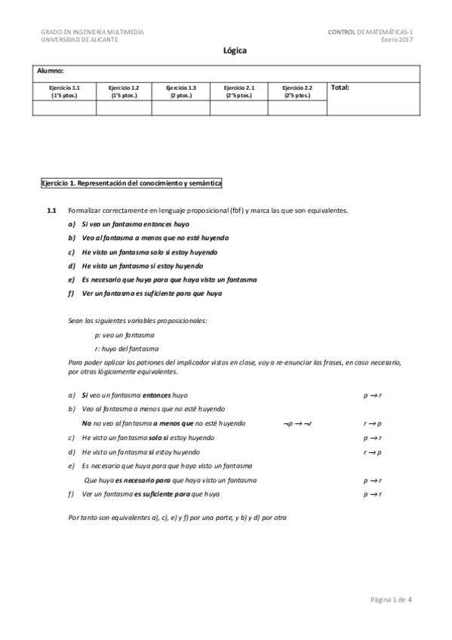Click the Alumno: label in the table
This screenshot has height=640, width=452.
51,70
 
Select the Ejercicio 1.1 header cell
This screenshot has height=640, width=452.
65,91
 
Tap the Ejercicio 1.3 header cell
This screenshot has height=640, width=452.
181,91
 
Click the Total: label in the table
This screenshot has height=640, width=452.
340,88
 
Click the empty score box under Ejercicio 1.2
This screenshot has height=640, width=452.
124,108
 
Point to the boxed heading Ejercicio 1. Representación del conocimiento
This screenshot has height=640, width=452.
131,183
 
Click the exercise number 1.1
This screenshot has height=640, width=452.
52,211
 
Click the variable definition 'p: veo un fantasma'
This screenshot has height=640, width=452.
125,334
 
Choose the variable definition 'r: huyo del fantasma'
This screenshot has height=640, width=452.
127,348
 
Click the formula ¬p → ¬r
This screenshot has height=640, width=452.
297,423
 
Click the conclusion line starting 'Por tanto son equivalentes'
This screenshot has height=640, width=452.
177,518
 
